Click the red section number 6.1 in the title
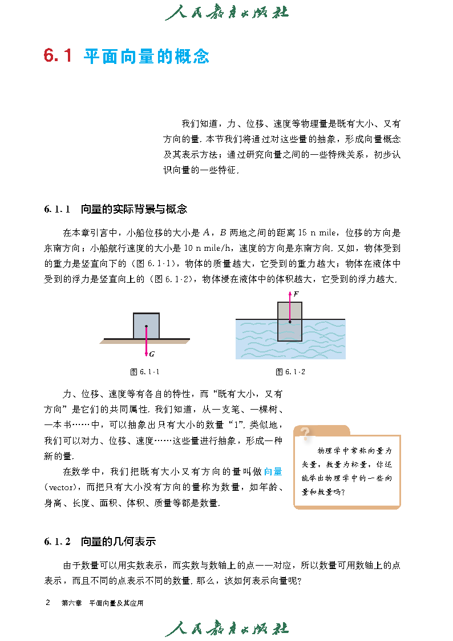pos(58,56)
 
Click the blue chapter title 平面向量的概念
pos(147,56)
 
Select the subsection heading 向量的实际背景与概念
pos(134,209)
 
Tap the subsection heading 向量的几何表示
pos(118,542)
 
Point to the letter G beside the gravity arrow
pos(152,354)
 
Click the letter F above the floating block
pos(296,294)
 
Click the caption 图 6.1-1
pos(145,372)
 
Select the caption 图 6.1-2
pos(290,372)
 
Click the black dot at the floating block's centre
pos(290,322)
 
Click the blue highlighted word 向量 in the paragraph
pos(273,472)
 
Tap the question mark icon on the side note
pos(306,434)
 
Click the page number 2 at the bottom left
pos(48,603)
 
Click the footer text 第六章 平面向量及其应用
pos(102,603)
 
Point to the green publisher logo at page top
pos(226,13)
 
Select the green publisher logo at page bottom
pos(226,628)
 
